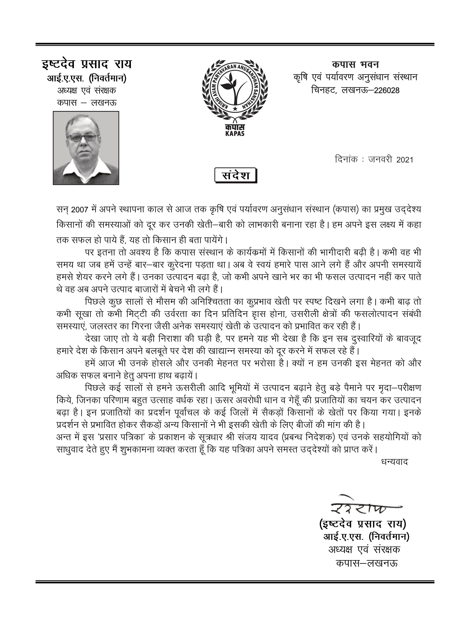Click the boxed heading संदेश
(x=235, y=175)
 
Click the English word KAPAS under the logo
(x=235, y=134)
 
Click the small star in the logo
(x=235, y=109)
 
